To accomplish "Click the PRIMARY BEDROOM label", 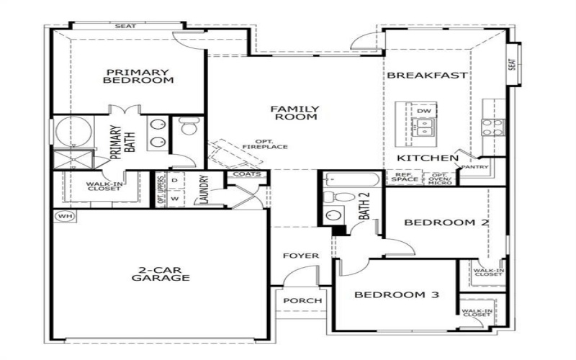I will click(138, 76).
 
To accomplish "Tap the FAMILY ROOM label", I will click(294, 113).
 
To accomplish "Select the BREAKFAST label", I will click(428, 75).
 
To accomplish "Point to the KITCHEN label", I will click(428, 158).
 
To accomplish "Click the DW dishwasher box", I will click(424, 111).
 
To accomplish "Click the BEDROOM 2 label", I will click(446, 222).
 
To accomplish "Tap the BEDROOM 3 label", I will click(397, 294).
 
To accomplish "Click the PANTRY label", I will click(474, 167).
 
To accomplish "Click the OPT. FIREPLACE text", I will click(270, 143).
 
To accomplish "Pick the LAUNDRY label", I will click(204, 190).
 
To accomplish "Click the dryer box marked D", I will click(175, 180).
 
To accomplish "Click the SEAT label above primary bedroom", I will click(125, 26).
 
